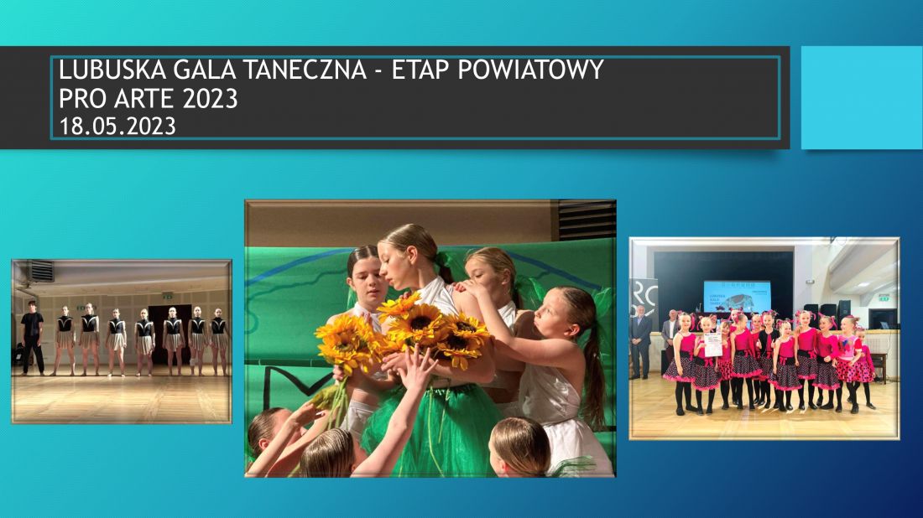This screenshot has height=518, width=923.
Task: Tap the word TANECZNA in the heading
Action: (305, 70)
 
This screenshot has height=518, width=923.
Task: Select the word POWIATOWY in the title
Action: (530, 70)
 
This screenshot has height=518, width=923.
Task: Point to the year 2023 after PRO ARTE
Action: (210, 98)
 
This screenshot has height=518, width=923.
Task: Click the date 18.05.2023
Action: (117, 127)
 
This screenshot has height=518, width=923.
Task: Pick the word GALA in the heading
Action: (204, 70)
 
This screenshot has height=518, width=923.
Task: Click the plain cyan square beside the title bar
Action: (862, 97)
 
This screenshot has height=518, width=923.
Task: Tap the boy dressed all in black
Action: (33, 337)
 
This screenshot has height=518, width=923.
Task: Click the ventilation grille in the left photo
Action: (41, 271)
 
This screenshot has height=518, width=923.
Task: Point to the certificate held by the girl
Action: (713, 344)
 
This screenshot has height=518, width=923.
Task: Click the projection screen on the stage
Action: (737, 296)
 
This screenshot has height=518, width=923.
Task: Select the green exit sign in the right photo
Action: (884, 298)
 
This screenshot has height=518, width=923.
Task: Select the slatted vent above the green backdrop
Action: (587, 220)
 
